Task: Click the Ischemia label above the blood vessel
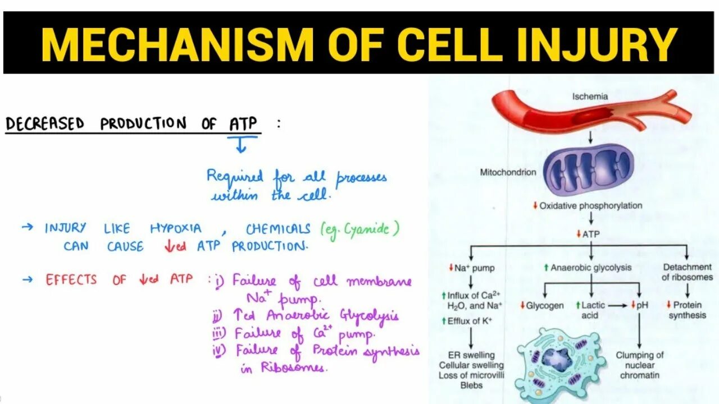pos(590,97)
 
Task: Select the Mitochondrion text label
pos(508,172)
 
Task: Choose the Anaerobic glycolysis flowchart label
pos(590,268)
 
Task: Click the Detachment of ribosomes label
pos(687,272)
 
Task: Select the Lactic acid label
pos(593,310)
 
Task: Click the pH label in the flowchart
pos(643,306)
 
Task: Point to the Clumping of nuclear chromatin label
pos(640,365)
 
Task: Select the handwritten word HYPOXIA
pos(175,228)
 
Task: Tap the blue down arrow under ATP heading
pos(241,146)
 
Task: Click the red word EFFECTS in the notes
pos(71,279)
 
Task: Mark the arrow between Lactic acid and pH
pos(619,306)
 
